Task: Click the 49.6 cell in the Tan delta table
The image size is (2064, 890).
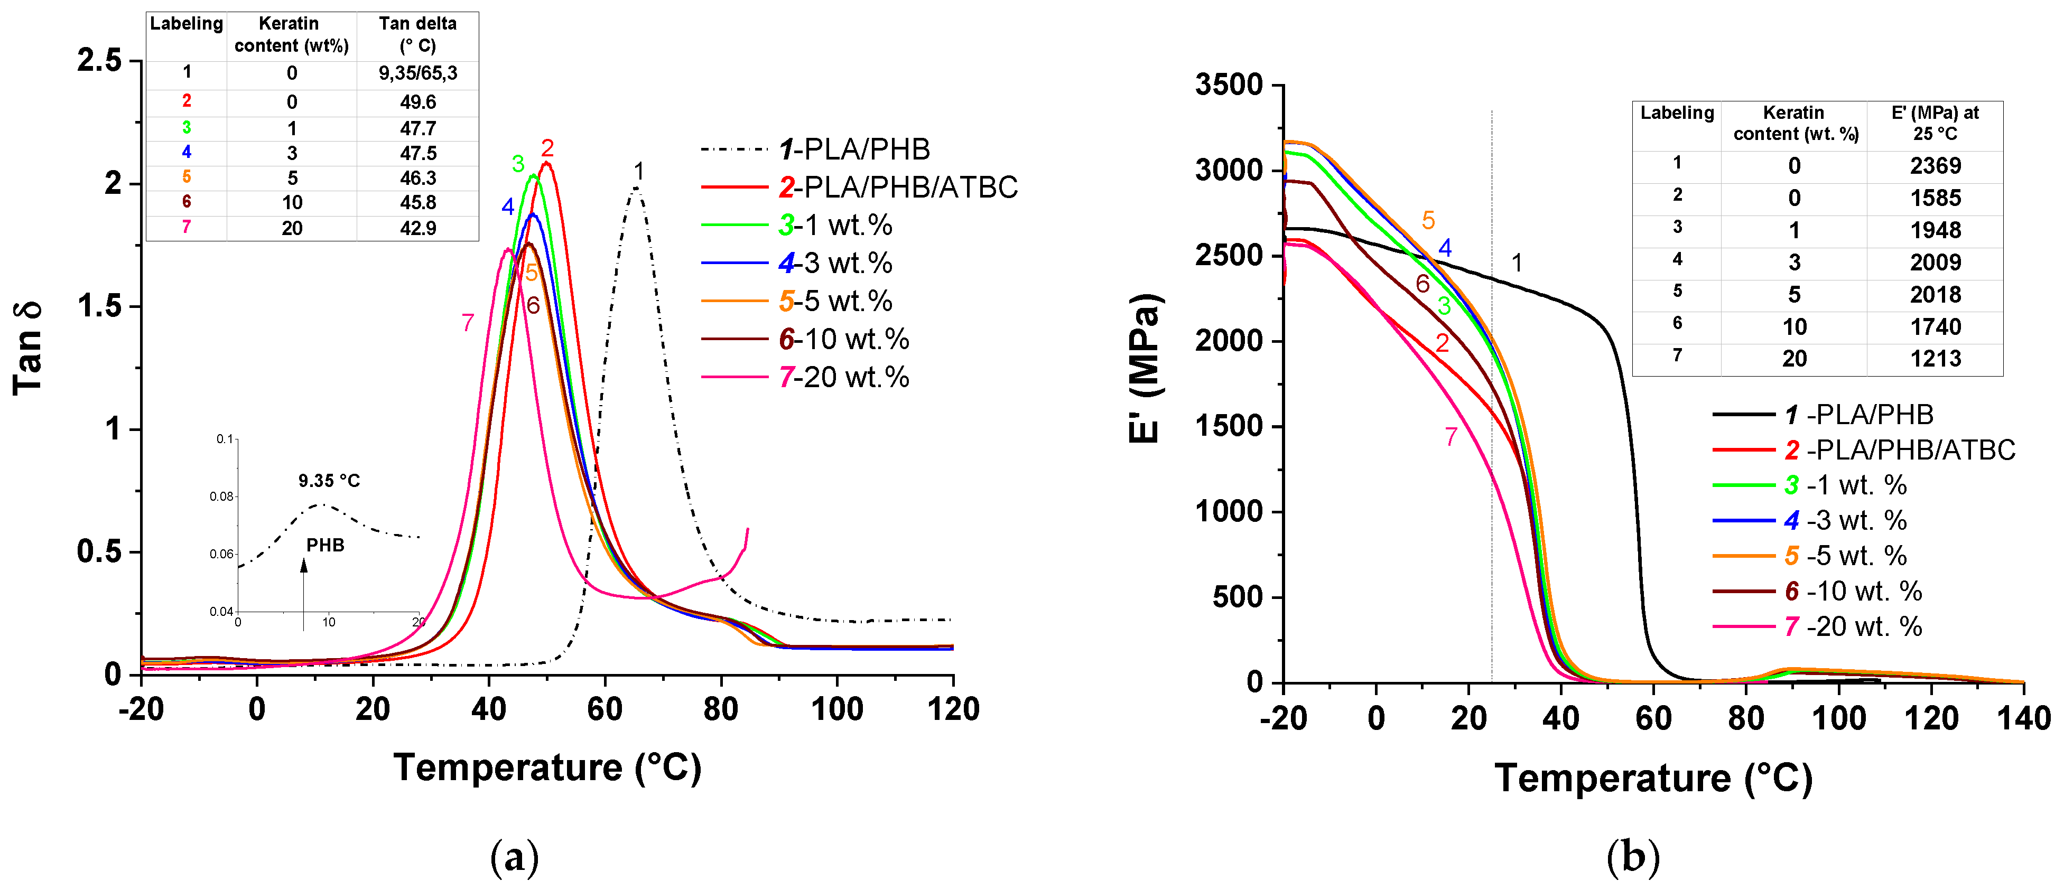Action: (x=417, y=102)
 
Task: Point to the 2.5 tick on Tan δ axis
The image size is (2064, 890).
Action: (x=99, y=60)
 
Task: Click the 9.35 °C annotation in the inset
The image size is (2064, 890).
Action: (x=329, y=481)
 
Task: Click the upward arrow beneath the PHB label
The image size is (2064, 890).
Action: (x=304, y=593)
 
